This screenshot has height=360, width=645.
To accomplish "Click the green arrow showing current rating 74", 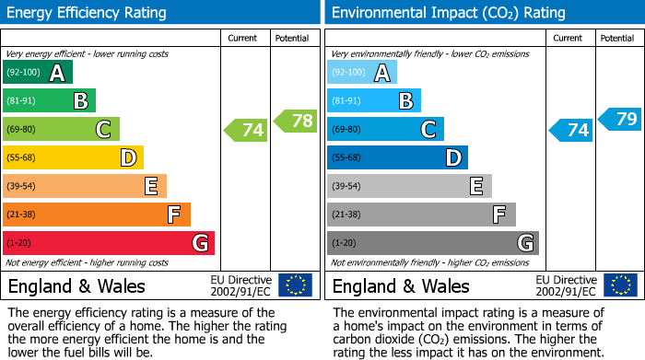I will (247, 130).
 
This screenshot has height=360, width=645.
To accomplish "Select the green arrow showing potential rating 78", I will (295, 121).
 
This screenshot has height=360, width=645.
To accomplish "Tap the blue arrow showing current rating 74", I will (571, 130).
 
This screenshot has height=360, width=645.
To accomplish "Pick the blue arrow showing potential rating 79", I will (620, 119).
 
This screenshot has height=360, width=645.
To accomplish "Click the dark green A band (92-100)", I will (38, 73).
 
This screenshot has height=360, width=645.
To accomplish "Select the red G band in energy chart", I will (109, 243).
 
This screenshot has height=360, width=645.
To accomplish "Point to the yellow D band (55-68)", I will (74, 157).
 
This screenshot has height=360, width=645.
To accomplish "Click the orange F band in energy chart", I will (97, 215).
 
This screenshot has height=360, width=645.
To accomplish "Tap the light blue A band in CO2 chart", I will (362, 73).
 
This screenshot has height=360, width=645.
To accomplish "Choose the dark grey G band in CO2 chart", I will (433, 243).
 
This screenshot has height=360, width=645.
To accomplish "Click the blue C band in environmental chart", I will (385, 130).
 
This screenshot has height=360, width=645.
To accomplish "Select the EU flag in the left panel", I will (295, 285).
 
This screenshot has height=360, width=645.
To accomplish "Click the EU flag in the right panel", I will (620, 285).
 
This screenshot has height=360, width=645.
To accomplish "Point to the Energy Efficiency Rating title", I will (88, 13).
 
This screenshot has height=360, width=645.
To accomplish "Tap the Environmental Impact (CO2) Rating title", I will (447, 13).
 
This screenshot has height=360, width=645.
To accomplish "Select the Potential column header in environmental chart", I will (616, 38).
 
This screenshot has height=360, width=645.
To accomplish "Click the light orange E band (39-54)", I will (85, 186).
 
